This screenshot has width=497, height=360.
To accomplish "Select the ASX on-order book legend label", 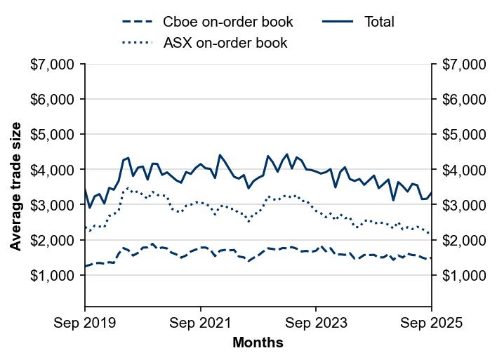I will [x=225, y=43].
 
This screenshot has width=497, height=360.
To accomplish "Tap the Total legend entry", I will [x=379, y=22].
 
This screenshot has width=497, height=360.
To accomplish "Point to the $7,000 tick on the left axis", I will [x=53, y=65].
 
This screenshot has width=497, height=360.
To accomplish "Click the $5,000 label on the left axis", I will [x=53, y=135].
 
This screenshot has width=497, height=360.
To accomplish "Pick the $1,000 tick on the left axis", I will [x=53, y=275].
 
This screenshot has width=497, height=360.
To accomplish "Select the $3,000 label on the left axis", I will [x=53, y=205].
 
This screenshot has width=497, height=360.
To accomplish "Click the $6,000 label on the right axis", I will [x=463, y=100].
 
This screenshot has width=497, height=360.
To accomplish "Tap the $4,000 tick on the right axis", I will [x=463, y=170].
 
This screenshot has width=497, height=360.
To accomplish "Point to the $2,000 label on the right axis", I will [x=463, y=240].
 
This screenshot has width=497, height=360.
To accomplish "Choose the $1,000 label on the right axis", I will [x=463, y=275].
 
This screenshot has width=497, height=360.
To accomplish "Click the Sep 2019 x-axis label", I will [x=85, y=323].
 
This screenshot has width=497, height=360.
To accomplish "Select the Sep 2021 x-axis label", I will [x=201, y=323].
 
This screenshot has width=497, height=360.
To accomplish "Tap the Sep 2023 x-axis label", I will [x=316, y=323].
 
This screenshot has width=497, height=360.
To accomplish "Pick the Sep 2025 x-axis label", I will [x=432, y=323].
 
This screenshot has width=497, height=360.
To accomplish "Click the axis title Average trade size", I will [x=15, y=186].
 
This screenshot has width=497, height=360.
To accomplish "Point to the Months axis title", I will [x=258, y=343].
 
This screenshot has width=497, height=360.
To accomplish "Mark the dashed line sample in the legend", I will [x=137, y=22].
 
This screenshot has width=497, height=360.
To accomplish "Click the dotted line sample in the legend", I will [x=137, y=43].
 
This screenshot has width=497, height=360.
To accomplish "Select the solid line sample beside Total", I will [x=338, y=22].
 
